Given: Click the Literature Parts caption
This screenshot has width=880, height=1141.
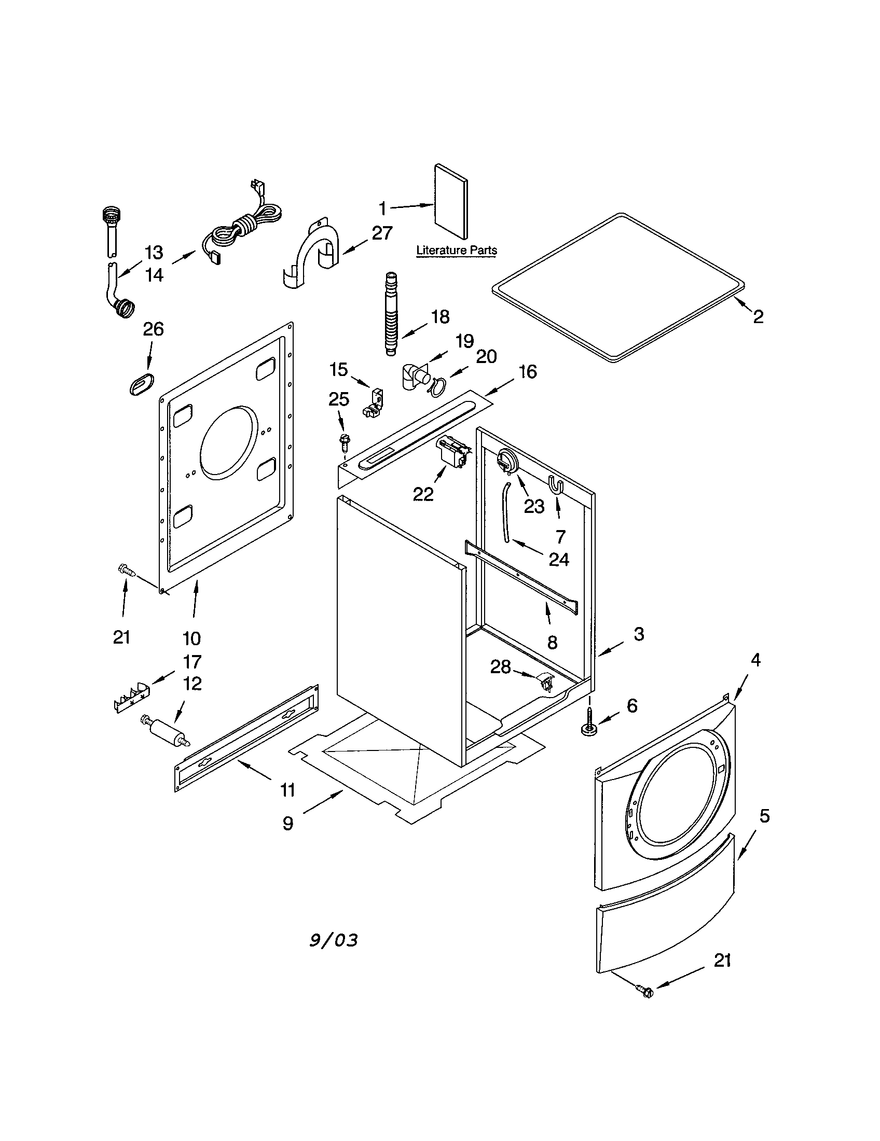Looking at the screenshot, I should click(456, 251).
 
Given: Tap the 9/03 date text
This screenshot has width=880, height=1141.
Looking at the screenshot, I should click(334, 940).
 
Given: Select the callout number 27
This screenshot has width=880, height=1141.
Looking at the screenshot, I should click(382, 233).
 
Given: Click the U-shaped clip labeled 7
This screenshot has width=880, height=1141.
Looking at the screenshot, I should click(556, 484).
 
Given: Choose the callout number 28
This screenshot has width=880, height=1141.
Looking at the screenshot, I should click(500, 666).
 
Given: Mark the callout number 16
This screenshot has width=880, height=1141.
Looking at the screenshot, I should click(528, 372).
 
